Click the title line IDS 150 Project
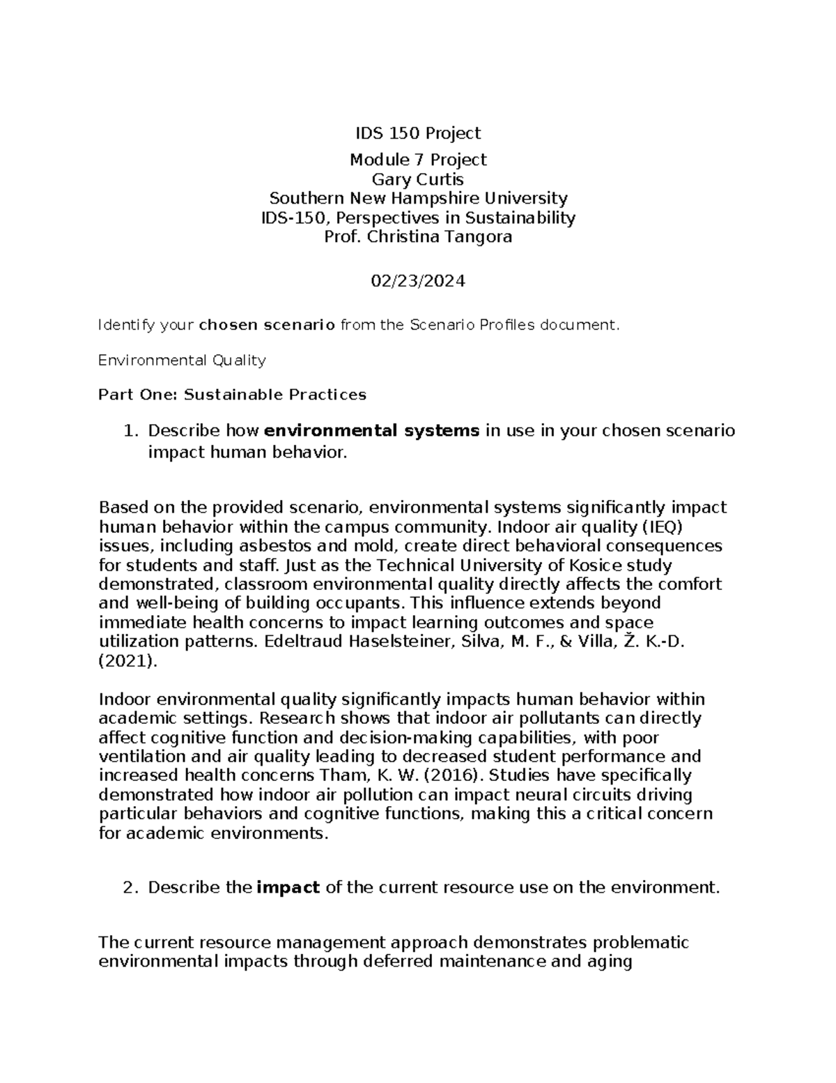pyautogui.click(x=418, y=133)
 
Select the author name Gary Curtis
pyautogui.click(x=418, y=179)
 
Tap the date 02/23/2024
pyautogui.click(x=418, y=281)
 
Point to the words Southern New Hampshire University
pyautogui.click(x=418, y=198)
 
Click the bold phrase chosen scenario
pyautogui.click(x=267, y=325)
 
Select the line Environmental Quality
pyautogui.click(x=182, y=361)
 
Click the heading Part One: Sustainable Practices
pyautogui.click(x=232, y=395)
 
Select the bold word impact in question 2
pyautogui.click(x=288, y=888)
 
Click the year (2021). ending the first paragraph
pyautogui.click(x=128, y=661)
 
